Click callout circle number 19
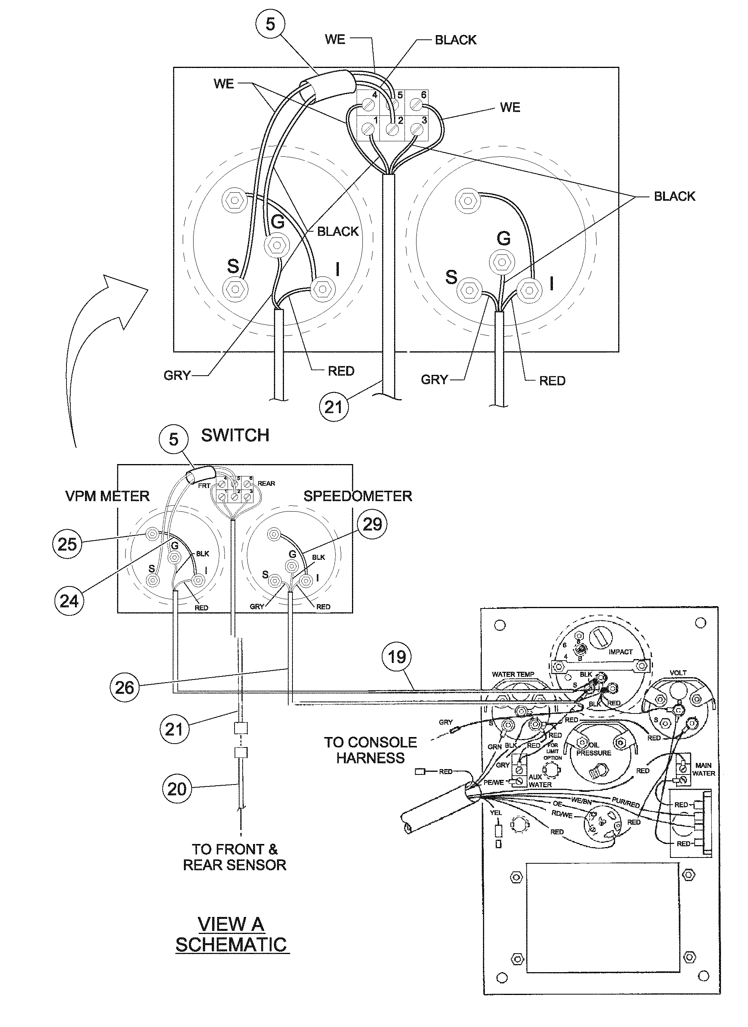(397, 657)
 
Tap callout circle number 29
(372, 524)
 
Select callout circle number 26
(124, 687)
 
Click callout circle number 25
(67, 543)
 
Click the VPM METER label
(107, 496)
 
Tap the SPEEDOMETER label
(357, 496)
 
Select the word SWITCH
(235, 435)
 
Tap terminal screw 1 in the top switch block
(368, 131)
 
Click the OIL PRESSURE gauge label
(593, 749)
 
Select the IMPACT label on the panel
(620, 652)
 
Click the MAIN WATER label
(703, 769)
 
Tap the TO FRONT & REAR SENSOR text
(235, 857)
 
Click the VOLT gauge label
(678, 673)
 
